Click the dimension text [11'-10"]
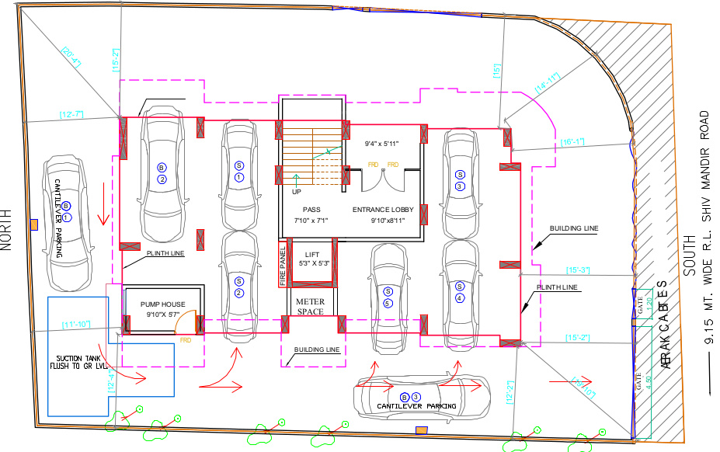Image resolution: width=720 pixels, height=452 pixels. [x=75, y=325]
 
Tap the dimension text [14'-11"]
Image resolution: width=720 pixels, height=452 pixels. [x=548, y=83]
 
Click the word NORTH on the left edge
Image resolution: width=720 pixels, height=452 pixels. [x=7, y=231]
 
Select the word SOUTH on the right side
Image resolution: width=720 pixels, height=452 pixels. [x=687, y=257]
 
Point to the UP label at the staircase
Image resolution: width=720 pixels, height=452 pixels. [x=296, y=191]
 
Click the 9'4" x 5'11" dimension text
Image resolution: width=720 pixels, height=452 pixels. [x=381, y=144]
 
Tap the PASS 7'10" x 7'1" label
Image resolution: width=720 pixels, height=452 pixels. [x=311, y=214]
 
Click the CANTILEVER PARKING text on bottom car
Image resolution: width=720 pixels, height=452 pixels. [x=416, y=406]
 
